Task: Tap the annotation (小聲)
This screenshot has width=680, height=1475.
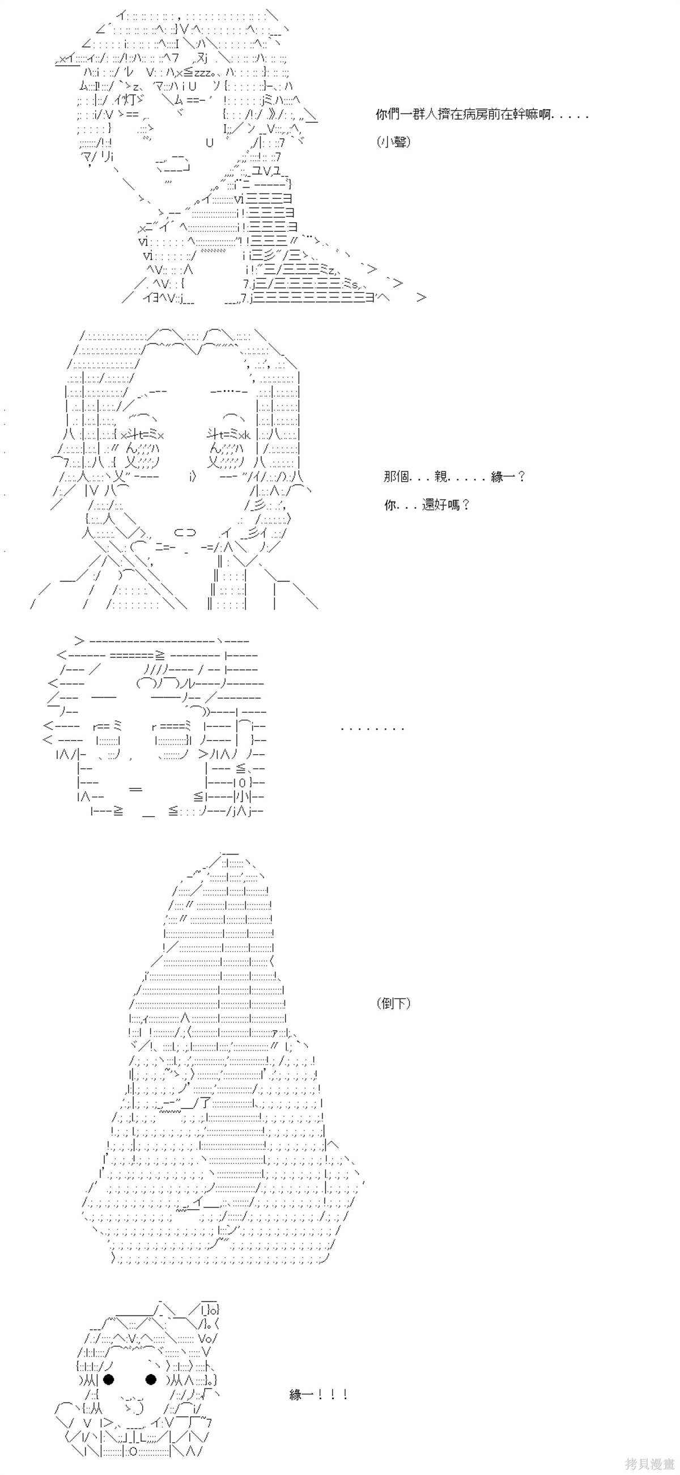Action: tap(394, 142)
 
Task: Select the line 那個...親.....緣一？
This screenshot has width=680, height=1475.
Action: tap(454, 477)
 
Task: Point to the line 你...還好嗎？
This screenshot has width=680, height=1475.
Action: tap(427, 505)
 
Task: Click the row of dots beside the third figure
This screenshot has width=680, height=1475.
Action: tap(373, 729)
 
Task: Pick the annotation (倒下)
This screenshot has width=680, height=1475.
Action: tap(394, 1003)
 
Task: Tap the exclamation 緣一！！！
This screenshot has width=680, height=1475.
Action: tap(318, 1395)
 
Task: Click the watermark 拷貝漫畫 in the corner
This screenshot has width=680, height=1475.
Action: tap(649, 1464)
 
